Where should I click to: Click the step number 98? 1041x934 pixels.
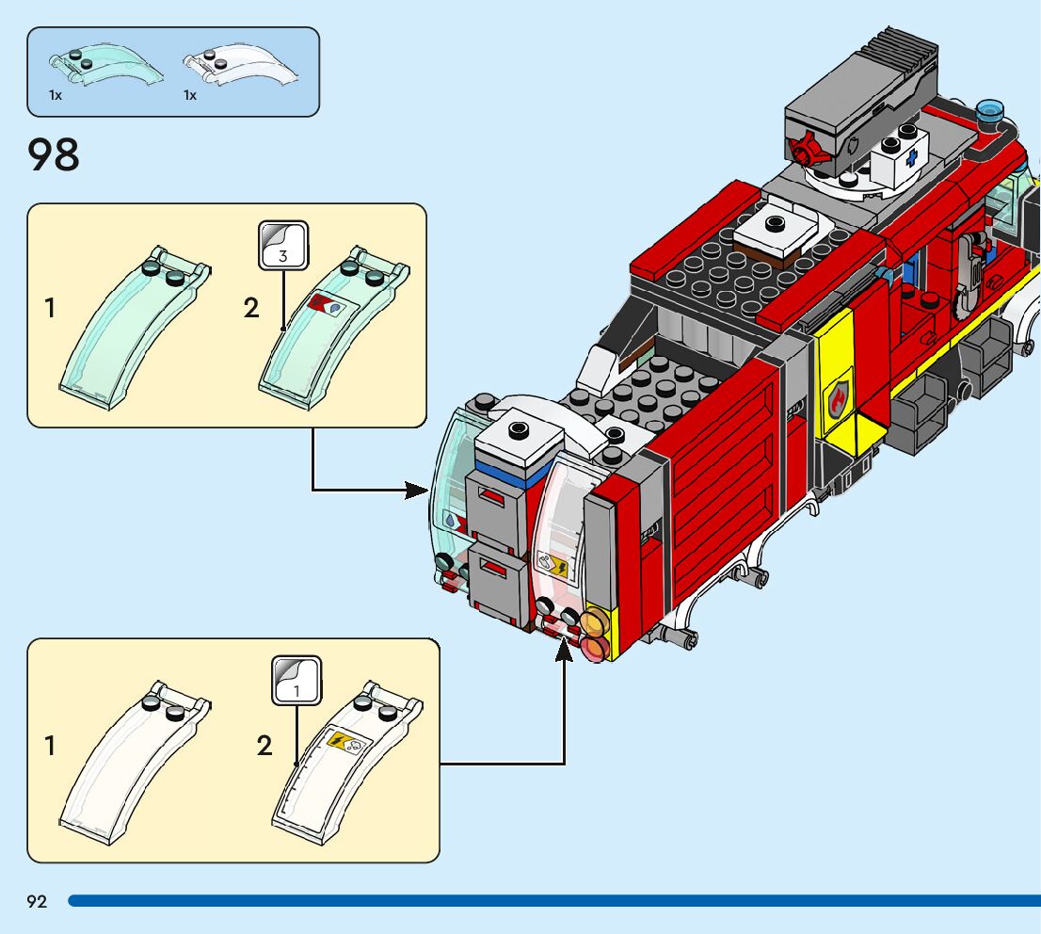[x=53, y=154]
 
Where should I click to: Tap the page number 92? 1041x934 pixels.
[x=38, y=901]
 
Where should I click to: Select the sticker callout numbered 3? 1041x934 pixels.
[x=283, y=246]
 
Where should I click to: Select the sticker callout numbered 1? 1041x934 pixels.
[x=296, y=681]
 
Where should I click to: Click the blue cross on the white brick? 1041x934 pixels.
[x=912, y=157]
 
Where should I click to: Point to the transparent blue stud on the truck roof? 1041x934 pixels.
[x=990, y=110]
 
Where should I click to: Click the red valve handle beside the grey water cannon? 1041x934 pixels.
[x=806, y=148]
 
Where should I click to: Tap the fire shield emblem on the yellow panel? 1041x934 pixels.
[x=839, y=400]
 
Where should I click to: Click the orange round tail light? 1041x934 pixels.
[x=593, y=621]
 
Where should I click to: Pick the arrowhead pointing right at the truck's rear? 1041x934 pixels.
[x=417, y=491]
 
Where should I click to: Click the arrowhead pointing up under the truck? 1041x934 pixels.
[x=564, y=650]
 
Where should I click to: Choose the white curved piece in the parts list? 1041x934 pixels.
[x=240, y=65]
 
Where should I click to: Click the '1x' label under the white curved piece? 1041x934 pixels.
[x=190, y=96]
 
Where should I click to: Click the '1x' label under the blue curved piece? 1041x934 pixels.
[x=56, y=96]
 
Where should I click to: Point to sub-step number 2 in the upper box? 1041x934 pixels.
[x=251, y=308]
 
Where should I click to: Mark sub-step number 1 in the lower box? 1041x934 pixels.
[x=49, y=746]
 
